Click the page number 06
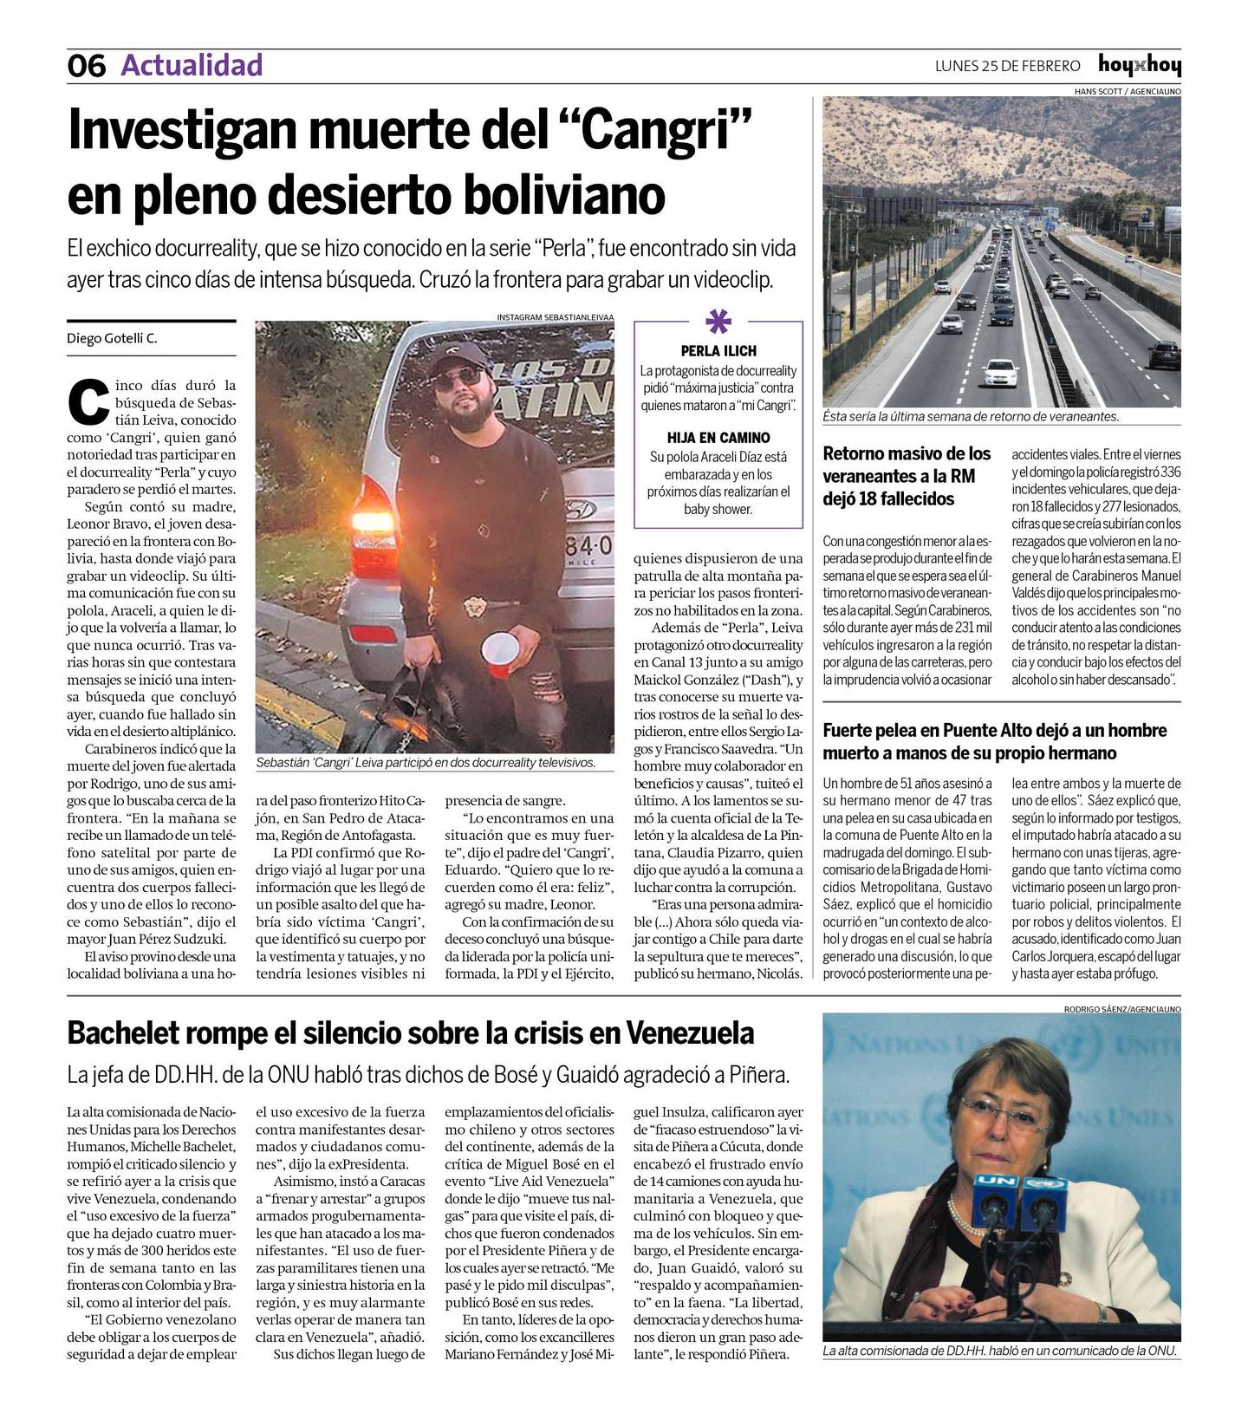point(86,66)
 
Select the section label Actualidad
point(192,65)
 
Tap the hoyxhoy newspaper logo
point(1139,65)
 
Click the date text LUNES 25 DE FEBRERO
point(1007,66)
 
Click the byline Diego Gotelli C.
point(112,338)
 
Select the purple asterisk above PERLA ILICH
point(718,322)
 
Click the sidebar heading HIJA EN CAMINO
point(718,438)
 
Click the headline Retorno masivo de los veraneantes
point(907,476)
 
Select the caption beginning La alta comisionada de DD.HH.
point(1000,1351)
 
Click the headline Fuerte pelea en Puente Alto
point(994,741)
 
